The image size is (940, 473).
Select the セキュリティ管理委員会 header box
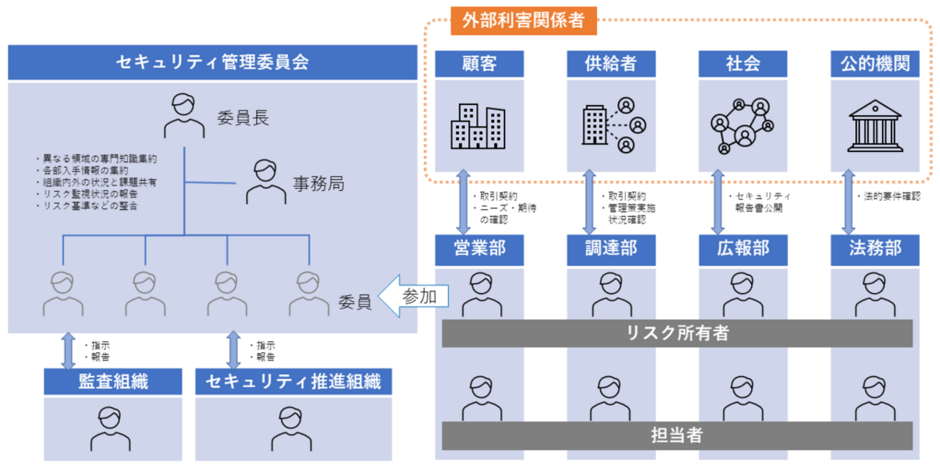(x=213, y=63)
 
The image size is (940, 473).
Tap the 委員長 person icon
(x=184, y=116)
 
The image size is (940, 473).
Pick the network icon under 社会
(x=739, y=126)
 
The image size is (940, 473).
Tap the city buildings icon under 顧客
(x=477, y=126)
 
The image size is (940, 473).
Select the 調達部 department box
(x=611, y=249)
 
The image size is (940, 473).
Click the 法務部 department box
(x=875, y=249)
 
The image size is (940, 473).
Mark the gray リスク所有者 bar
(x=677, y=333)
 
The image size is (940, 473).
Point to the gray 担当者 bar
(x=677, y=435)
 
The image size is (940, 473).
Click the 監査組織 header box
(x=113, y=381)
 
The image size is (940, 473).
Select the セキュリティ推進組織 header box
(x=293, y=381)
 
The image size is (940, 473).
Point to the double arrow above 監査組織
(x=68, y=351)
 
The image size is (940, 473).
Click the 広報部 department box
(x=742, y=249)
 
